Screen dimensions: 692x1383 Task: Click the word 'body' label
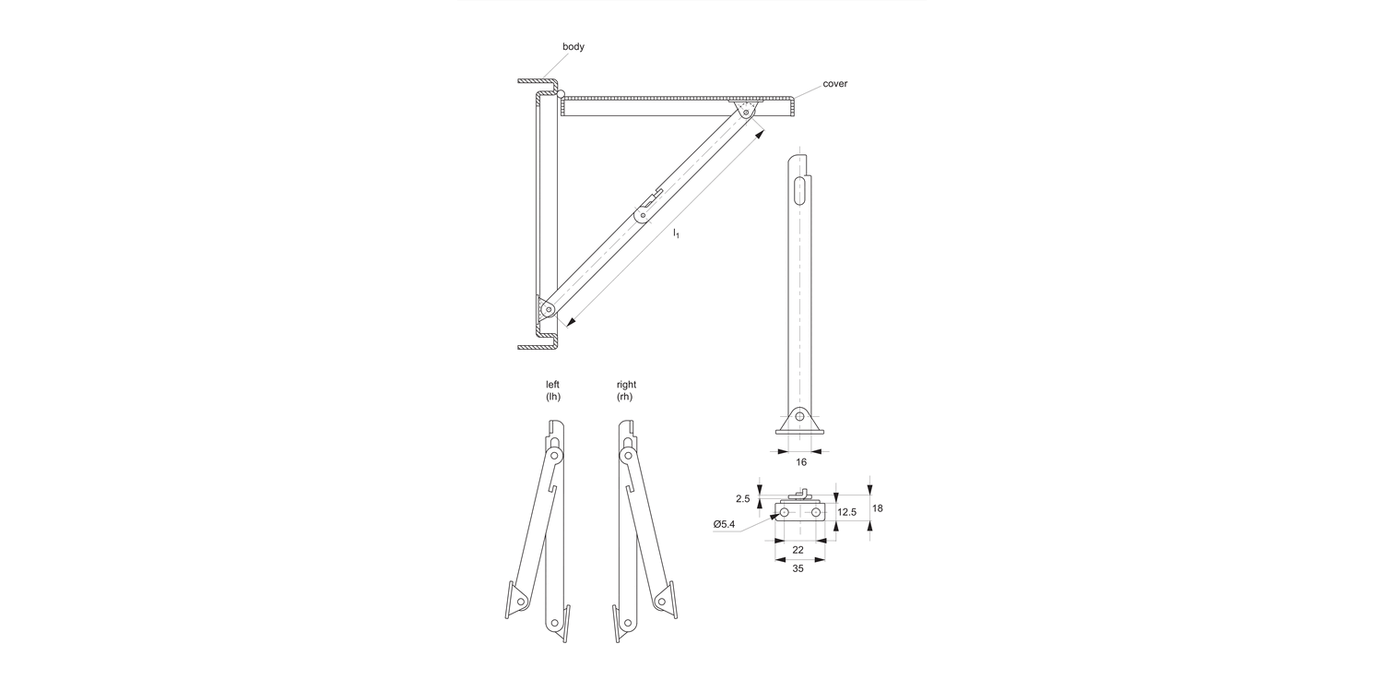click(573, 46)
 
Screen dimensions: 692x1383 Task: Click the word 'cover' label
click(834, 84)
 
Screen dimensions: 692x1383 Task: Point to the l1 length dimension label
click(676, 233)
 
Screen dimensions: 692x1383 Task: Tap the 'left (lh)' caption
click(553, 390)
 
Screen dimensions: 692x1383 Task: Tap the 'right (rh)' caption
click(626, 390)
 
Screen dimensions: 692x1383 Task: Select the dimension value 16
click(800, 461)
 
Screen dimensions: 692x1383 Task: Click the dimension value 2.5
click(742, 499)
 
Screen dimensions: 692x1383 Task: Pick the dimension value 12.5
click(847, 512)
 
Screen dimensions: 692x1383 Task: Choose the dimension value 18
click(878, 508)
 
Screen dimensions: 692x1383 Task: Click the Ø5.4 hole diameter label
click(725, 525)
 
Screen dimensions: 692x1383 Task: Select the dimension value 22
click(798, 550)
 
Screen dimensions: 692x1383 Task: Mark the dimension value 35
click(798, 569)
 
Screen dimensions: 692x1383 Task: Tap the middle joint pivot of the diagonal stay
click(643, 216)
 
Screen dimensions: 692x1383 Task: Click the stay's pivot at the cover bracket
click(746, 113)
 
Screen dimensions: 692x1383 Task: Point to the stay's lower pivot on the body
click(549, 310)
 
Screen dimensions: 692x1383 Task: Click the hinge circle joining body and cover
click(560, 93)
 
